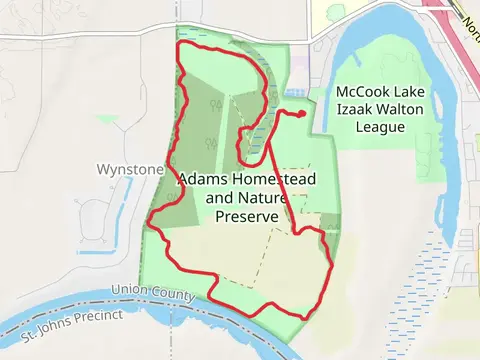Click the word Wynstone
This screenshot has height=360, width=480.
point(129,169)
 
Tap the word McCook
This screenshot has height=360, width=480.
point(364,91)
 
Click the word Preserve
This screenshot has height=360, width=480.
point(247,215)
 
